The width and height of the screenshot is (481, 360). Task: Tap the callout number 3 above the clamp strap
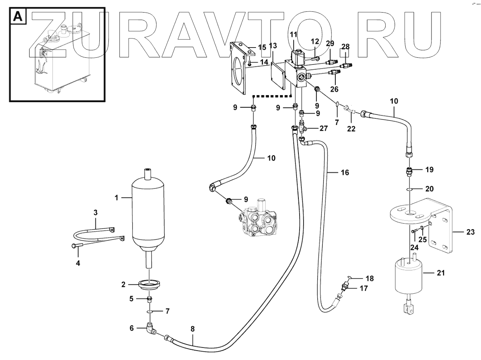[95, 213]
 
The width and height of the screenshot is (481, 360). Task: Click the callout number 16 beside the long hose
[344, 173]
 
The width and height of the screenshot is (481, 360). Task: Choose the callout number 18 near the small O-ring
[369, 278]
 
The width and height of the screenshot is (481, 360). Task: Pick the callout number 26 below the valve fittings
[334, 89]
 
